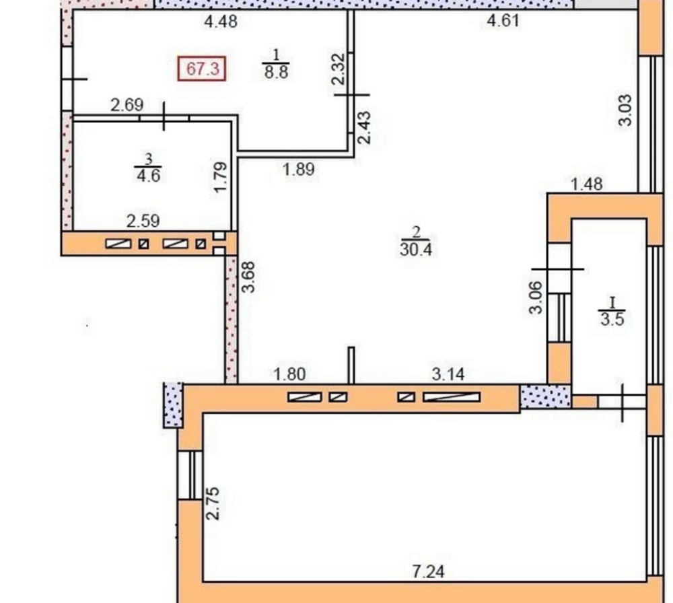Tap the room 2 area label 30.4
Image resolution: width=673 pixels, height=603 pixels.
(x=416, y=248)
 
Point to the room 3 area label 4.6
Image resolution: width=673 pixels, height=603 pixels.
(x=149, y=176)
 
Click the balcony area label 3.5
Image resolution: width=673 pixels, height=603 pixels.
(x=611, y=318)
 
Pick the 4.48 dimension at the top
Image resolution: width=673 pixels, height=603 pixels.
(x=221, y=21)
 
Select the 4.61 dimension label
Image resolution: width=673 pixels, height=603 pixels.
(x=503, y=21)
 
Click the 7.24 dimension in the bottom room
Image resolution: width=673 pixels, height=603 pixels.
(x=429, y=572)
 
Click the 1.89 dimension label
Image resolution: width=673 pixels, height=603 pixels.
(x=299, y=170)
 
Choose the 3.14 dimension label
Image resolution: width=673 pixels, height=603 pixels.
(x=448, y=374)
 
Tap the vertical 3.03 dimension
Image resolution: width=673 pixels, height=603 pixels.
(x=625, y=110)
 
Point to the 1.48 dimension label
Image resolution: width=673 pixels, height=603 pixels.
(x=586, y=184)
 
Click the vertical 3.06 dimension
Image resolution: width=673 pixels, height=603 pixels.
(x=536, y=297)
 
